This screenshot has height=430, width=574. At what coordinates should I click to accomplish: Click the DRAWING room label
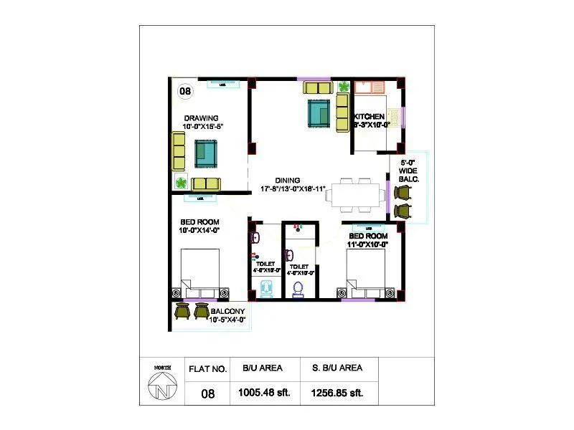(201, 118)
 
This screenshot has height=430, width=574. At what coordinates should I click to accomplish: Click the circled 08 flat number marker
(185, 91)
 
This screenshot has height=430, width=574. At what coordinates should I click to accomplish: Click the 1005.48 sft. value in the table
(264, 393)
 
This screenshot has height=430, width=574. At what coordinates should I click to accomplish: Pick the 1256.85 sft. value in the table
(337, 393)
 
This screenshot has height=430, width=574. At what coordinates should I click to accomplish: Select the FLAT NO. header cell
(207, 370)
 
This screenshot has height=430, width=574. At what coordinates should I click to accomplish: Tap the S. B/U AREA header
(336, 368)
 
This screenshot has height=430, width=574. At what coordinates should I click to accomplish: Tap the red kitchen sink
(371, 87)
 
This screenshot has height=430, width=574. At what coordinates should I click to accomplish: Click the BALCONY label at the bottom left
(227, 311)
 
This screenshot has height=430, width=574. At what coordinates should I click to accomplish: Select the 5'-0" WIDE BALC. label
(409, 171)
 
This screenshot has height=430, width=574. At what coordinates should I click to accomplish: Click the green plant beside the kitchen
(343, 87)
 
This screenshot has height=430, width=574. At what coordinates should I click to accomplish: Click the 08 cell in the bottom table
(208, 393)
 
